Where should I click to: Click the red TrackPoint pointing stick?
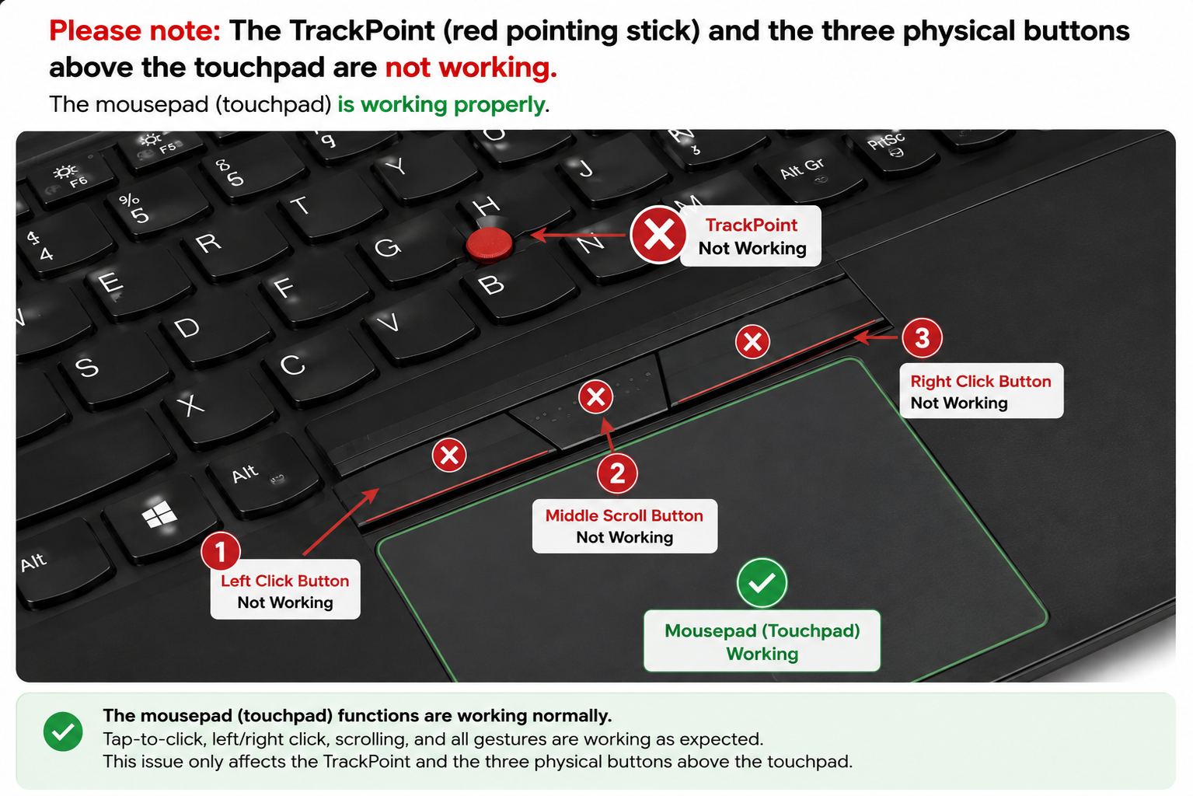[x=489, y=245]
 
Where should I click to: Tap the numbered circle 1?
[x=221, y=551]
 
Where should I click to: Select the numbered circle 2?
[x=617, y=473]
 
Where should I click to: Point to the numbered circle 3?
[x=922, y=338]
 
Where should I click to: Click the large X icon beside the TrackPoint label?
[x=658, y=235]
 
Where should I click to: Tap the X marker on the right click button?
[x=752, y=341]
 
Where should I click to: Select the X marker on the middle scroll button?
[x=595, y=397]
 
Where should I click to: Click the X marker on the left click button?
[x=449, y=456]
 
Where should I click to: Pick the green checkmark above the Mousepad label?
[x=762, y=583]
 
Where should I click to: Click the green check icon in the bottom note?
[x=63, y=731]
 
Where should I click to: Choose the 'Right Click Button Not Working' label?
[x=981, y=391]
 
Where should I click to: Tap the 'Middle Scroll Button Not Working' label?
[x=625, y=525]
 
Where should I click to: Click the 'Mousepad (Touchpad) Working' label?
[x=762, y=641]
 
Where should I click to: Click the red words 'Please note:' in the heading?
[x=134, y=30]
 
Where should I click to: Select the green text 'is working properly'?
[x=441, y=104]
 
